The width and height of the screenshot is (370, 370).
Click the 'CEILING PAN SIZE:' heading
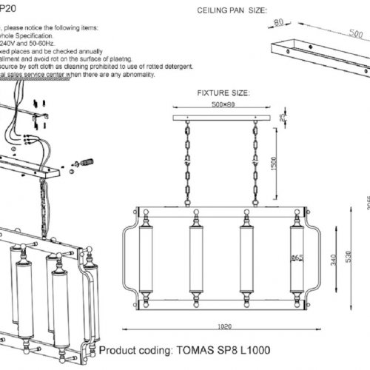coord(231,12)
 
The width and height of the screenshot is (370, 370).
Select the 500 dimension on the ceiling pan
coord(343,35)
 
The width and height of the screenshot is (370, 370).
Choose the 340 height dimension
coord(329,256)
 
